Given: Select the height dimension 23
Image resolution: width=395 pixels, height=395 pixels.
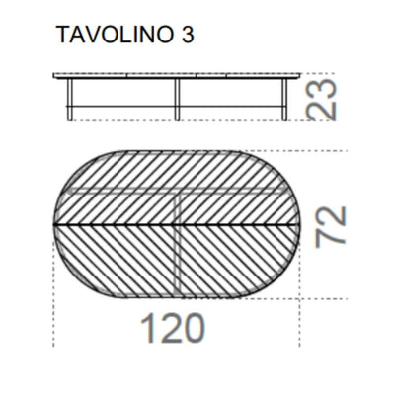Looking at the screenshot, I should tap(325, 99).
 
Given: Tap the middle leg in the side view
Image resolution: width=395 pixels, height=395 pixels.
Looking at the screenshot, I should tap(176, 99).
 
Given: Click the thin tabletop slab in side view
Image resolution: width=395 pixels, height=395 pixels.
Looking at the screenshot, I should tap(176, 75).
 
